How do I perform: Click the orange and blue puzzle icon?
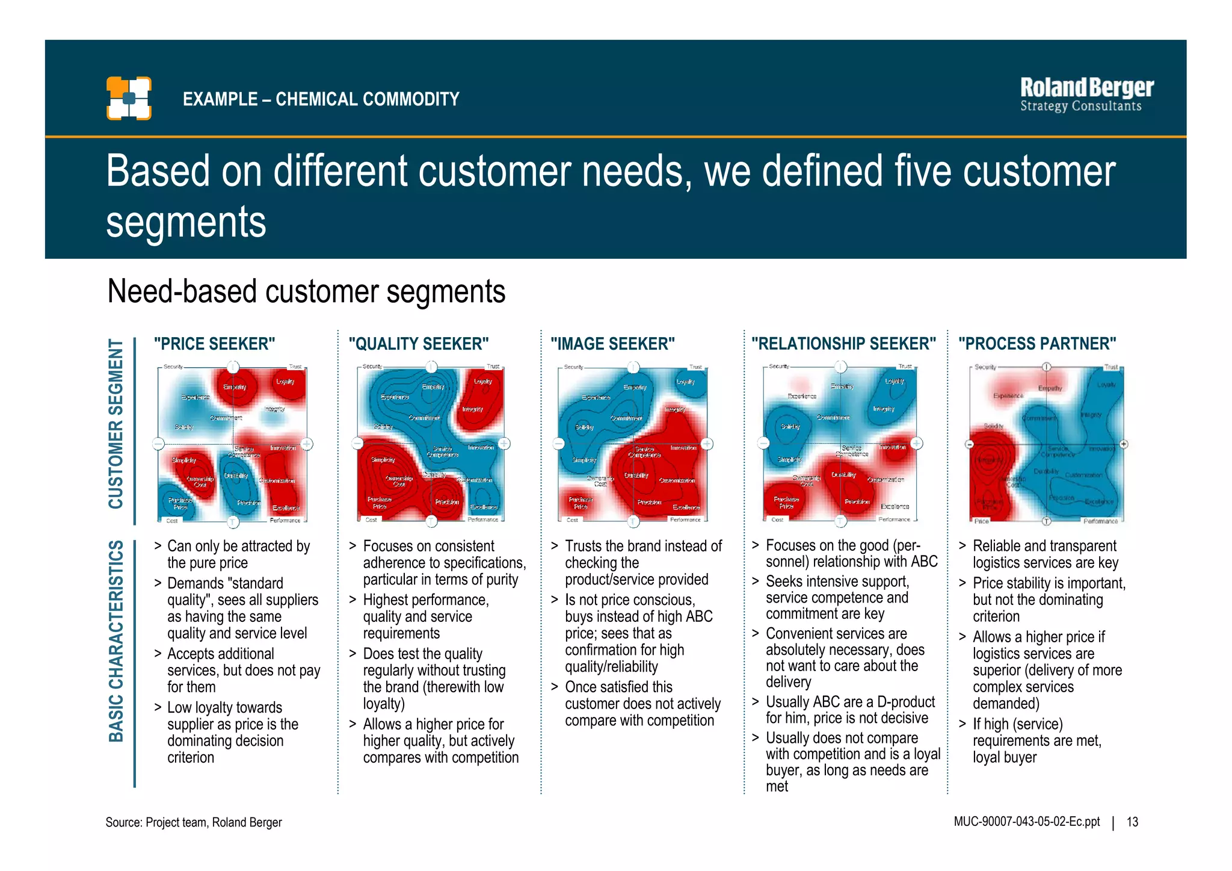[x=129, y=98]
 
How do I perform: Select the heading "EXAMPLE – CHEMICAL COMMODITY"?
[x=321, y=99]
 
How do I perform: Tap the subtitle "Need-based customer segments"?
[x=306, y=292]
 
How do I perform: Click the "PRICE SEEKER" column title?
[x=214, y=344]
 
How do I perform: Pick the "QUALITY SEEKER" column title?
[x=419, y=344]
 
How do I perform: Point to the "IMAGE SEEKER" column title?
[x=612, y=344]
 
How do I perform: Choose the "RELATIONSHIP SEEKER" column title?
[x=843, y=344]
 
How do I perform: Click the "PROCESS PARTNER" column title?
[x=1037, y=344]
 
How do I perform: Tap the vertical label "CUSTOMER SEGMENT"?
[x=115, y=424]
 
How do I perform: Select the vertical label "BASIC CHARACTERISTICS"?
[x=115, y=640]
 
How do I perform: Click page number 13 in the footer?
[x=1132, y=822]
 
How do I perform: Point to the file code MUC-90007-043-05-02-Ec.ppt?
[x=1026, y=822]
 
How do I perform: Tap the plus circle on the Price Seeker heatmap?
[x=307, y=444]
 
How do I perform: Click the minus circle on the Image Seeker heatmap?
[x=558, y=444]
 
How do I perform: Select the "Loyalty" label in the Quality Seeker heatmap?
[x=483, y=381]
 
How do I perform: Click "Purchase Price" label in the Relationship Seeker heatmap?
[x=786, y=503]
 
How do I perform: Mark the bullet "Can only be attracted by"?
[x=238, y=546]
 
